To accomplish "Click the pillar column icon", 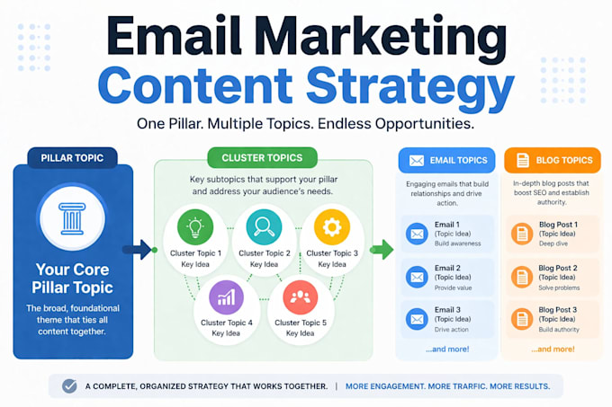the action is pyautogui.click(x=72, y=218).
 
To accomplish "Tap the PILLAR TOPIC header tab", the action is pyautogui.click(x=72, y=158).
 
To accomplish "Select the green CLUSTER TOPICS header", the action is pyautogui.click(x=262, y=158).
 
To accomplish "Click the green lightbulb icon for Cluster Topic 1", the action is pyautogui.click(x=195, y=227).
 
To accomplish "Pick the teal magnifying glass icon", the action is pyautogui.click(x=264, y=227).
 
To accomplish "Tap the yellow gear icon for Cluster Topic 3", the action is pyautogui.click(x=332, y=227).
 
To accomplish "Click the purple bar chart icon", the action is pyautogui.click(x=227, y=297).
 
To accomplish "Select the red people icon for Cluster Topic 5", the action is pyautogui.click(x=300, y=297).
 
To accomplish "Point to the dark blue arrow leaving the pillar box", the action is pyautogui.click(x=137, y=250).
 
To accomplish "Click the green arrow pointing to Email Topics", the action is pyautogui.click(x=382, y=250).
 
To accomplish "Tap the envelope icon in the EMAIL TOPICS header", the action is pyautogui.click(x=417, y=161).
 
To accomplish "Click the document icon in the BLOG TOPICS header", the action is pyautogui.click(x=523, y=161).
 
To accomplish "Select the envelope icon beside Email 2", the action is pyautogui.click(x=417, y=277).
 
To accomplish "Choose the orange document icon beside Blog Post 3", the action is pyautogui.click(x=522, y=319).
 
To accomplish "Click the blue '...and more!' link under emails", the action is pyautogui.click(x=447, y=349).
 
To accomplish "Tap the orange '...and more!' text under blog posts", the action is pyautogui.click(x=553, y=349).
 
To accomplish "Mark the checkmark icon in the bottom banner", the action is pyautogui.click(x=69, y=386).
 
